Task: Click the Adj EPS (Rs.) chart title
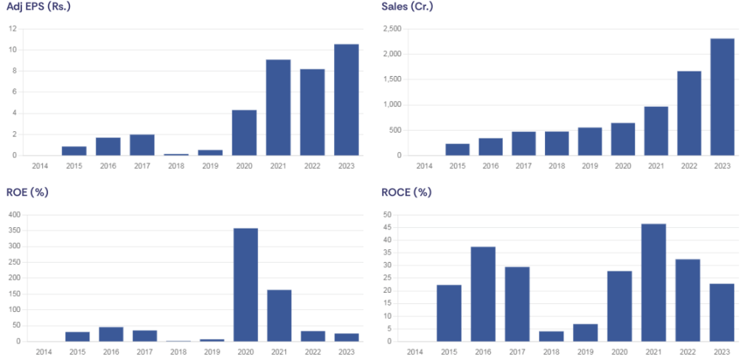tap(39, 7)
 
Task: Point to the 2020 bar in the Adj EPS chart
tap(244, 133)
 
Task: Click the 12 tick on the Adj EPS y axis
tap(13, 29)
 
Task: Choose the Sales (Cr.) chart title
tap(408, 7)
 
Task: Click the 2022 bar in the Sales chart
tap(689, 114)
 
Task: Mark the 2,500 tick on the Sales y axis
tap(392, 29)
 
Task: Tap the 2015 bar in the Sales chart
tap(457, 150)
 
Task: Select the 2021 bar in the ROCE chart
tap(653, 283)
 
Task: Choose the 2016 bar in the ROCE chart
tap(483, 294)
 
